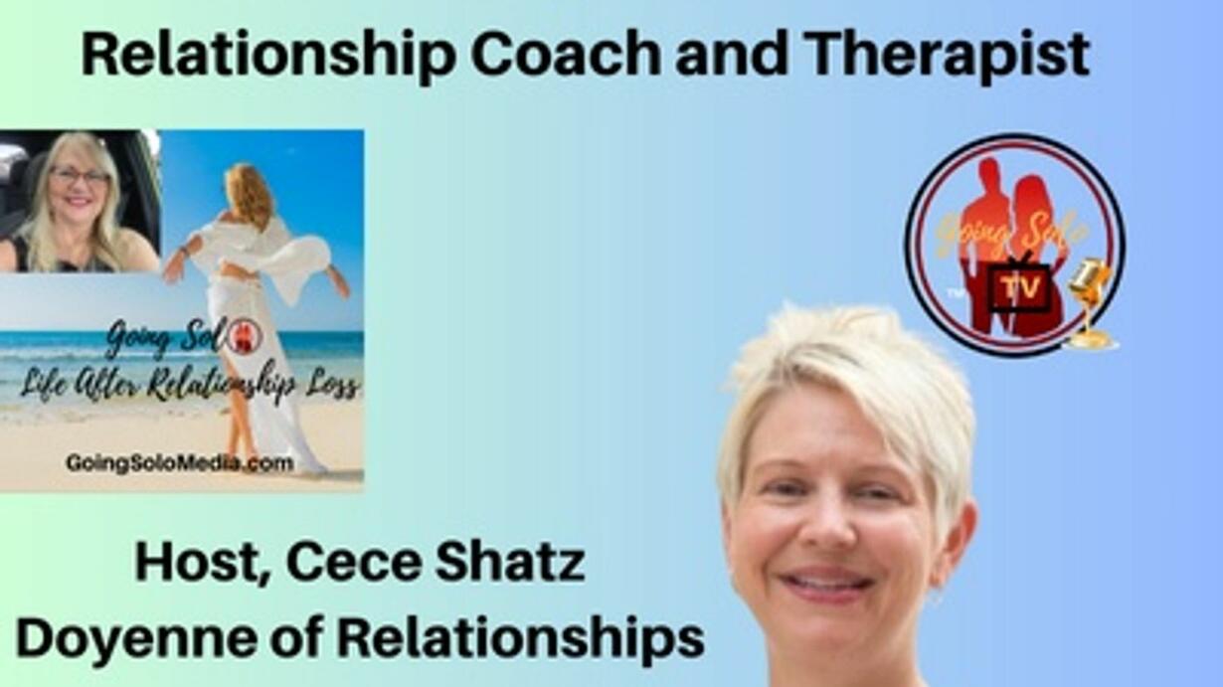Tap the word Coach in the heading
(566, 54)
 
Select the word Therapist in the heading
(947, 55)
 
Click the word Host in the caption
(200, 564)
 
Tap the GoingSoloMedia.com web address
(180, 463)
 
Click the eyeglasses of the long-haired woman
(80, 176)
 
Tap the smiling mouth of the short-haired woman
(827, 583)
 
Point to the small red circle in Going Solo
(249, 337)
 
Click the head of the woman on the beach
(249, 189)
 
